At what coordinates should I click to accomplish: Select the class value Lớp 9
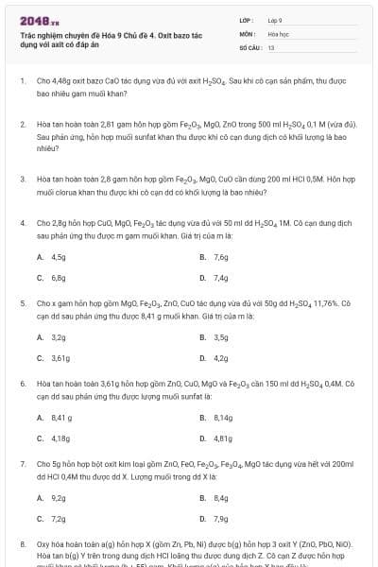(x=275, y=19)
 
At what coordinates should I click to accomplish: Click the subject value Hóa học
(x=277, y=32)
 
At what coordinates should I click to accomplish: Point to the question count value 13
(x=271, y=46)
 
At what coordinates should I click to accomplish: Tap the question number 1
(x=22, y=82)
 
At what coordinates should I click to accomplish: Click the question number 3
(x=22, y=177)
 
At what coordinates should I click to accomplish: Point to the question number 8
(x=22, y=544)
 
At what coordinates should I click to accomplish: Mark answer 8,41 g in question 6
(x=60, y=418)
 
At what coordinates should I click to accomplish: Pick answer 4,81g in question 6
(x=223, y=438)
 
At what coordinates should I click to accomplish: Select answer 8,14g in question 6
(x=223, y=418)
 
